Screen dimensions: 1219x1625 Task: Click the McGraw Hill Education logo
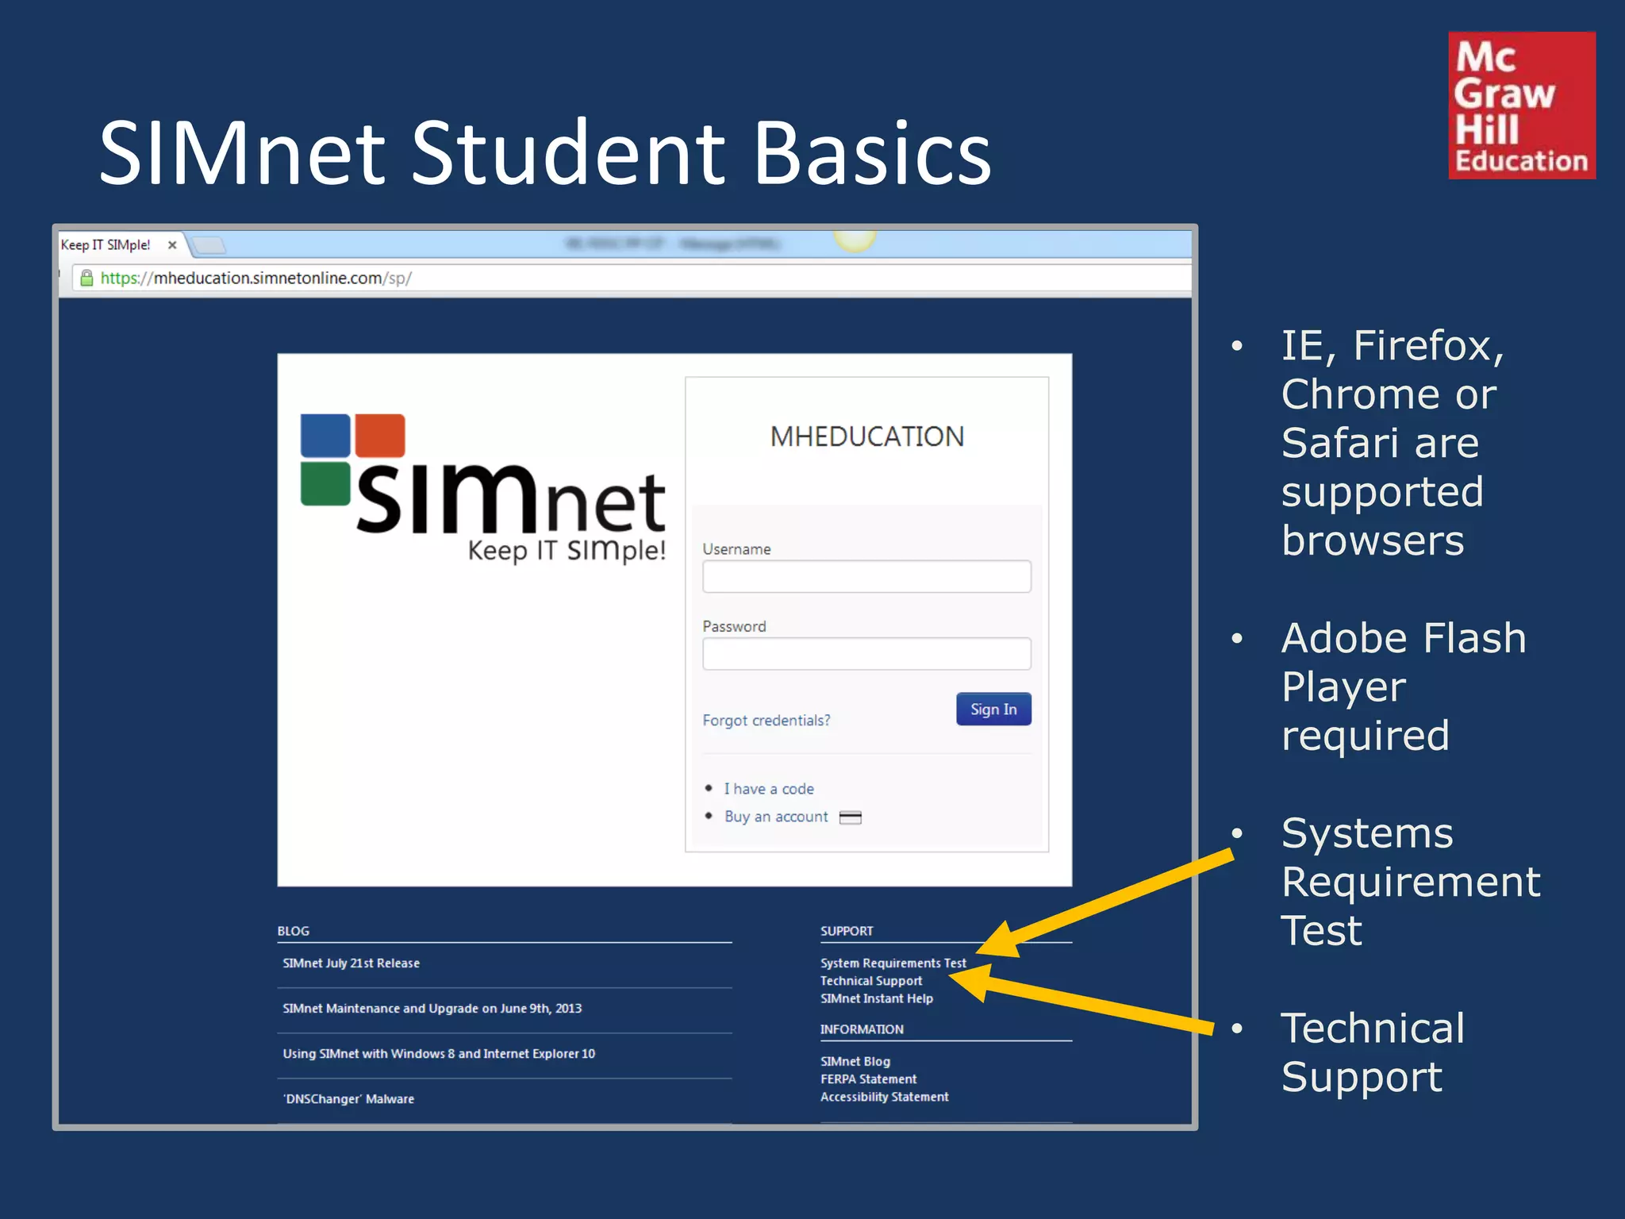tap(1521, 106)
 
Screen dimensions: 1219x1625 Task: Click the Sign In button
tap(993, 709)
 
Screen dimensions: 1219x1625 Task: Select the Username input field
tap(866, 576)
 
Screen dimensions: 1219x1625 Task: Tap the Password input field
tap(866, 654)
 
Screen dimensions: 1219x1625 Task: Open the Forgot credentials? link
tap(766, 721)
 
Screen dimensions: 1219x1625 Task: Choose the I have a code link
tap(768, 789)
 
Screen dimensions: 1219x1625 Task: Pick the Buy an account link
tap(775, 817)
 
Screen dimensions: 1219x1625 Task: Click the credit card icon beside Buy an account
tap(850, 817)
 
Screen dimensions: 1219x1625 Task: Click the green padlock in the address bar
tap(86, 278)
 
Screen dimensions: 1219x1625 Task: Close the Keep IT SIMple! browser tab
tap(172, 245)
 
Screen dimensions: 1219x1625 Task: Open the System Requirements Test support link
tap(893, 963)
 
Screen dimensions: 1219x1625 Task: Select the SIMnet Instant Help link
tap(876, 998)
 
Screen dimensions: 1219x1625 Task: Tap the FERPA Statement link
tap(868, 1079)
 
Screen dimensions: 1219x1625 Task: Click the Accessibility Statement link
tap(884, 1097)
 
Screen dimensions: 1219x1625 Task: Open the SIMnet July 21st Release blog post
tap(351, 963)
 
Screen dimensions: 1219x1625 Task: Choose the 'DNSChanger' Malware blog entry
tap(348, 1099)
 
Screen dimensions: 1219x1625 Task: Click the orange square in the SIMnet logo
tap(379, 436)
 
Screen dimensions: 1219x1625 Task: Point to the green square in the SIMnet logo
tap(325, 483)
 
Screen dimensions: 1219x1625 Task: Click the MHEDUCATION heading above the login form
tap(866, 436)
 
